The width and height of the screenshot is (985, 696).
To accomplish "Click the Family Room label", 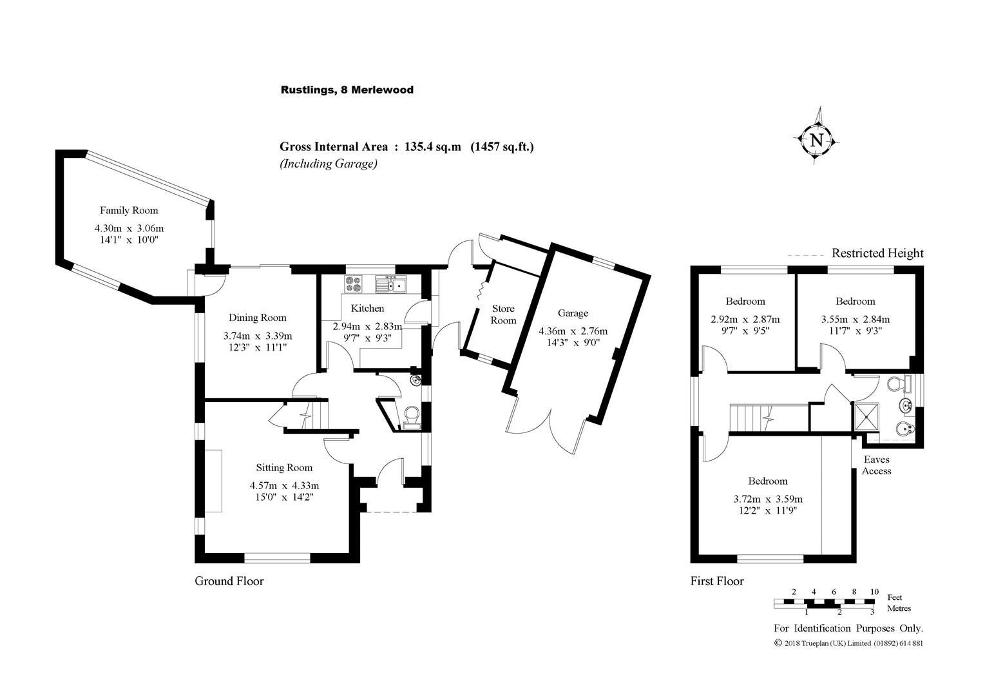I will pyautogui.click(x=129, y=210).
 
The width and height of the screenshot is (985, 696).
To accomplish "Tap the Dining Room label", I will pyautogui.click(x=258, y=318).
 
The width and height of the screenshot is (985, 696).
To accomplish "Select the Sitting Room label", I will pyautogui.click(x=284, y=468).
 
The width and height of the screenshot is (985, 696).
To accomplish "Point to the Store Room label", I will pyautogui.click(x=504, y=314).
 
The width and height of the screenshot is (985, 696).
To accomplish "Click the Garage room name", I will pyautogui.click(x=573, y=313).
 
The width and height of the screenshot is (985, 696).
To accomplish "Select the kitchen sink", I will pyautogui.click(x=390, y=284).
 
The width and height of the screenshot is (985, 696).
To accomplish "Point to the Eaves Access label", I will pyautogui.click(x=877, y=465).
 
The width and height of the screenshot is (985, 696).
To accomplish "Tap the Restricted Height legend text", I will pyautogui.click(x=877, y=253).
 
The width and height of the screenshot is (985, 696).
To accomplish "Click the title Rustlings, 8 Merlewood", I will pyautogui.click(x=347, y=90).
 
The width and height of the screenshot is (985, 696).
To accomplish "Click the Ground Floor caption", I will pyautogui.click(x=229, y=581).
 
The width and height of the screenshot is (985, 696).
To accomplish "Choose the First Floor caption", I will pyautogui.click(x=717, y=581).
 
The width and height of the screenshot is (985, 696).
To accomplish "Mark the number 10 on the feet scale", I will pyautogui.click(x=874, y=592).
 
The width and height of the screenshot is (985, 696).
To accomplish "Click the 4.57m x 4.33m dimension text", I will pyautogui.click(x=285, y=486).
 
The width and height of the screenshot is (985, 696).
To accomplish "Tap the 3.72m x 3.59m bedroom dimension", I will pyautogui.click(x=768, y=499).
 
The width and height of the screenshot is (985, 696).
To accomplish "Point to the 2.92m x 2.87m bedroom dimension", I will pyautogui.click(x=745, y=319).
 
